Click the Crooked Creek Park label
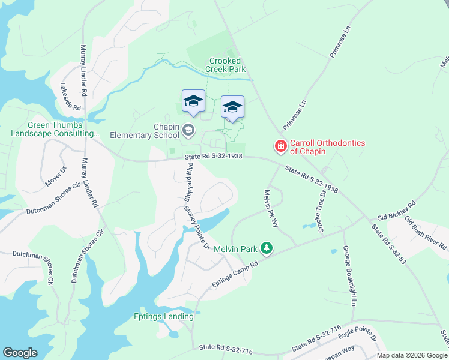(225, 65)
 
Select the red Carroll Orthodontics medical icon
(280, 146)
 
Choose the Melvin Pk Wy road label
(271, 208)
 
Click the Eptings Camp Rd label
(234, 273)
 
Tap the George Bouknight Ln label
(349, 275)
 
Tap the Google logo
(20, 353)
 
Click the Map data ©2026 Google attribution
(412, 355)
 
